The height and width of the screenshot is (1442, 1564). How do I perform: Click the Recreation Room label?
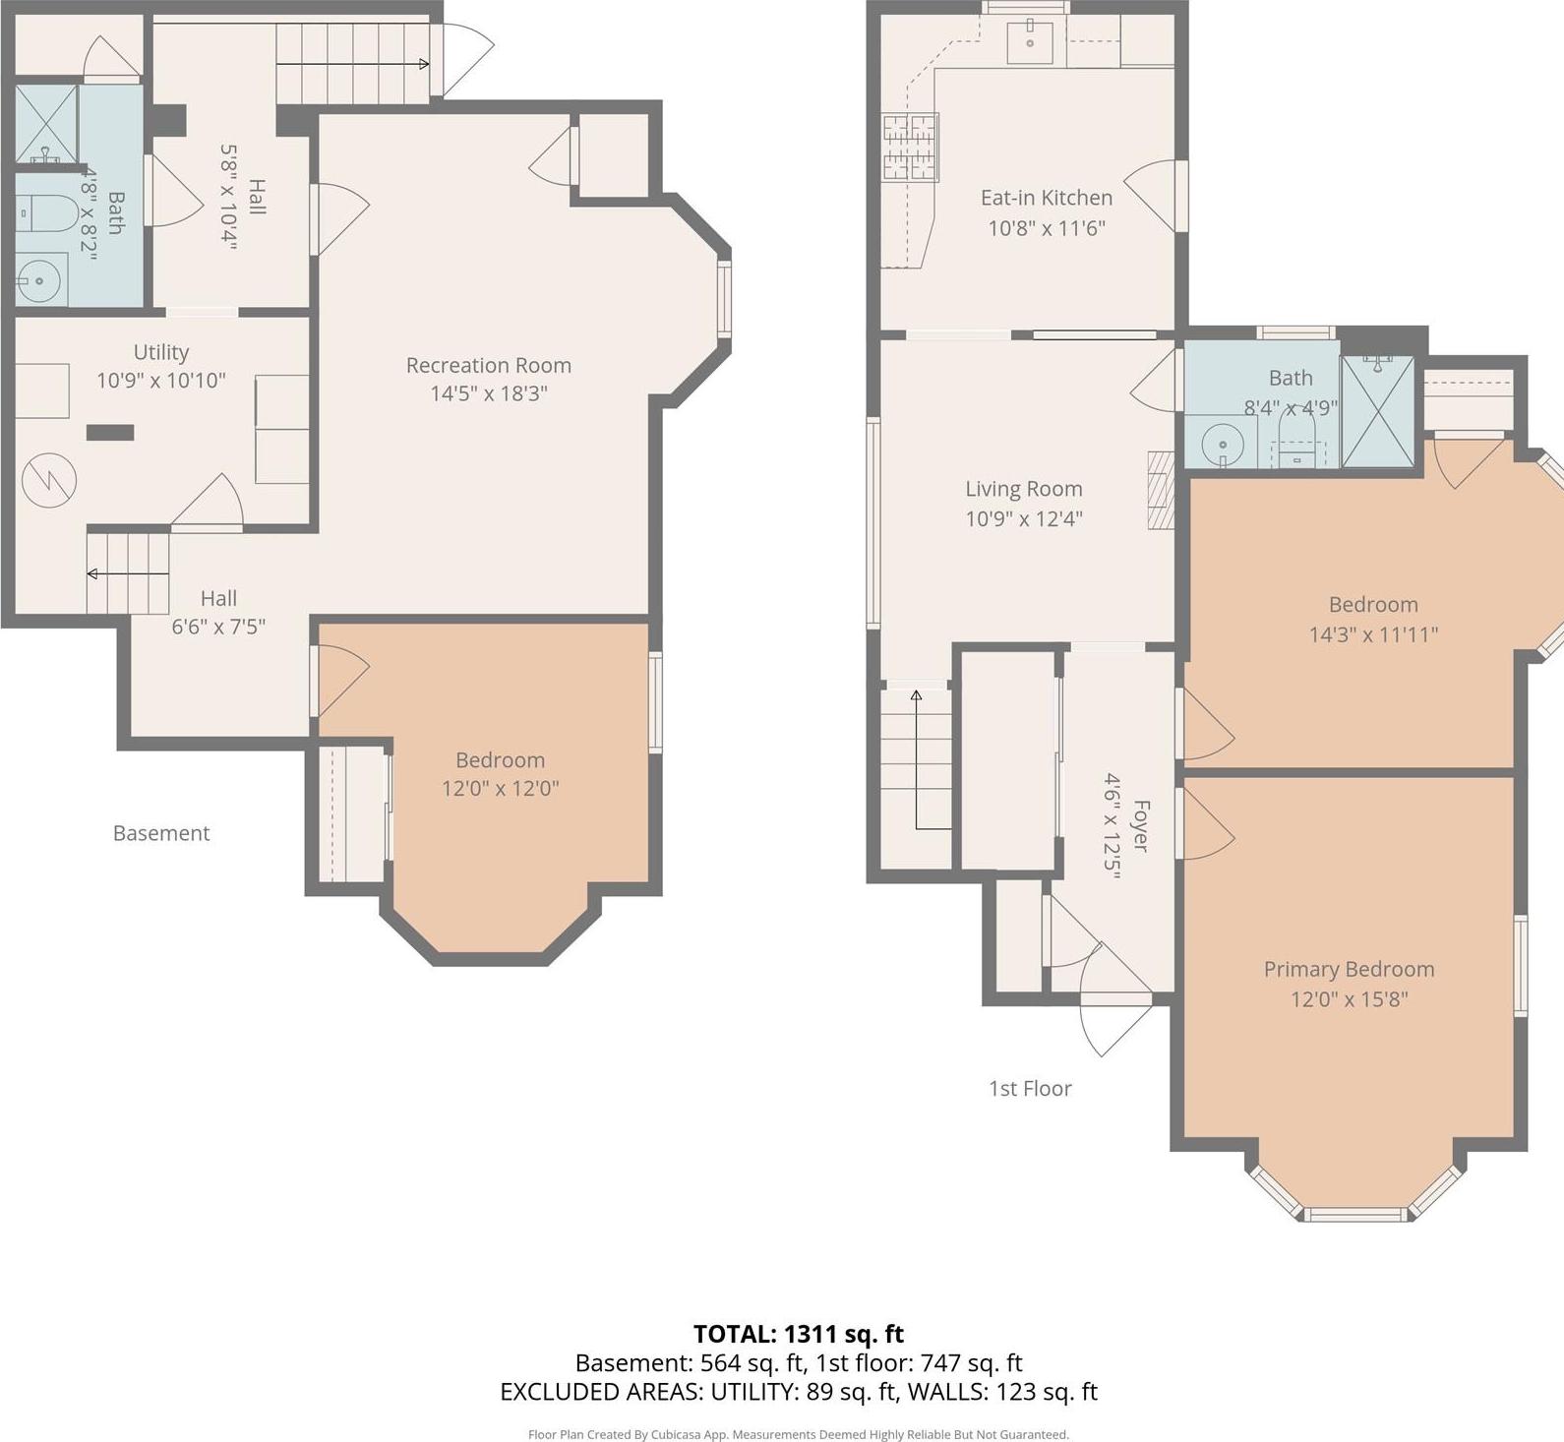click(488, 365)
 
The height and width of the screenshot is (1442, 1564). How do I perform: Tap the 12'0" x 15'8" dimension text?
click(1349, 999)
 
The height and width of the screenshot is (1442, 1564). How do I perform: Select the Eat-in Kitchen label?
click(1046, 198)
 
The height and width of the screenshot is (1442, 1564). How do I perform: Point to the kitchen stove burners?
click(910, 148)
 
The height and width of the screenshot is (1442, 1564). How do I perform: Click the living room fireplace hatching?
click(1162, 490)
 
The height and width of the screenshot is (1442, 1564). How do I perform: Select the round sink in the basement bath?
click(39, 280)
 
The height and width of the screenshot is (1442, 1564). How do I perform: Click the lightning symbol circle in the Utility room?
click(49, 480)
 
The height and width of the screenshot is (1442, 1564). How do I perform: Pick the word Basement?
click(161, 833)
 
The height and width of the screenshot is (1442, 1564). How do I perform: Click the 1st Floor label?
click(1029, 1088)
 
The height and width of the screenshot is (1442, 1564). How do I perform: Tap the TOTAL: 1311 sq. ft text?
click(798, 1334)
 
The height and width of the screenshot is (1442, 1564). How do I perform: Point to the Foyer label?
click(1140, 825)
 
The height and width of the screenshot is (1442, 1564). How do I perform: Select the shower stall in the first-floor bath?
click(1378, 413)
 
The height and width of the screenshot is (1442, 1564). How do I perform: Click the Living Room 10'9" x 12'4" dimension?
click(1023, 518)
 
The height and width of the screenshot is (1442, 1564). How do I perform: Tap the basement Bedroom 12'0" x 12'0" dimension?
click(500, 788)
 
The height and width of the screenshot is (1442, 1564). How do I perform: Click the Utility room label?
click(161, 352)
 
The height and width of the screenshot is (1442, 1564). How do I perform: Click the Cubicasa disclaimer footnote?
click(798, 1434)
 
